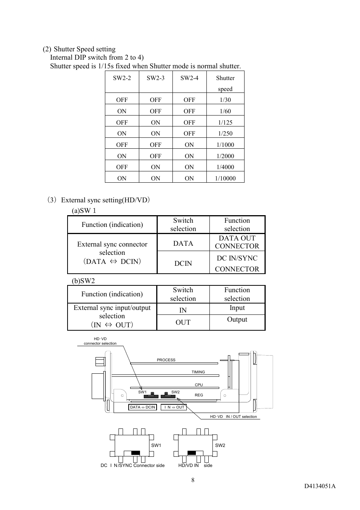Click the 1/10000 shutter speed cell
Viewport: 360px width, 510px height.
pyautogui.click(x=225, y=178)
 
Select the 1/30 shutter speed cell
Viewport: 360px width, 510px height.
pyautogui.click(x=225, y=100)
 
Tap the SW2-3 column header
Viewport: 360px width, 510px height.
pyautogui.click(x=155, y=78)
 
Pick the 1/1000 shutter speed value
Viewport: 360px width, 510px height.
pyautogui.click(x=225, y=145)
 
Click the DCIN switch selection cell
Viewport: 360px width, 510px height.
pyautogui.click(x=183, y=263)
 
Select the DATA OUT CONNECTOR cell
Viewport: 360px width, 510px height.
pyautogui.click(x=237, y=242)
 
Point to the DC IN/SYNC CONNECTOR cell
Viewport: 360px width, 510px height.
pyautogui.click(x=237, y=263)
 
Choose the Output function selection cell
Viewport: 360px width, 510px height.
pyautogui.click(x=237, y=319)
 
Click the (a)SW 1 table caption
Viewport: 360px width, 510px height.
pyautogui.click(x=84, y=211)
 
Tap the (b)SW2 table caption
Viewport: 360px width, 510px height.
pyautogui.click(x=83, y=280)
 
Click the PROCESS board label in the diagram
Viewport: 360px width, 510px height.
pyautogui.click(x=166, y=360)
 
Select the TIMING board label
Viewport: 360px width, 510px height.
pyautogui.click(x=198, y=372)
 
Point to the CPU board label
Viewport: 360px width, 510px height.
pyautogui.click(x=199, y=385)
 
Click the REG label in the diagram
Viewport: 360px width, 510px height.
pyautogui.click(x=199, y=395)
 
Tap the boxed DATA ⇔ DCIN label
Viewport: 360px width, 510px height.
pyautogui.click(x=142, y=407)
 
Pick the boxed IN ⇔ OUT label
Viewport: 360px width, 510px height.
pyautogui.click(x=174, y=407)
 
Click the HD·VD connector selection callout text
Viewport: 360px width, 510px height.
pyautogui.click(x=100, y=341)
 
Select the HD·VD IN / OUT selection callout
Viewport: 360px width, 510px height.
pyautogui.click(x=233, y=417)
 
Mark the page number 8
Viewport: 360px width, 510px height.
pyautogui.click(x=193, y=480)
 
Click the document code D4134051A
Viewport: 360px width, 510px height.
pyautogui.click(x=320, y=486)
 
